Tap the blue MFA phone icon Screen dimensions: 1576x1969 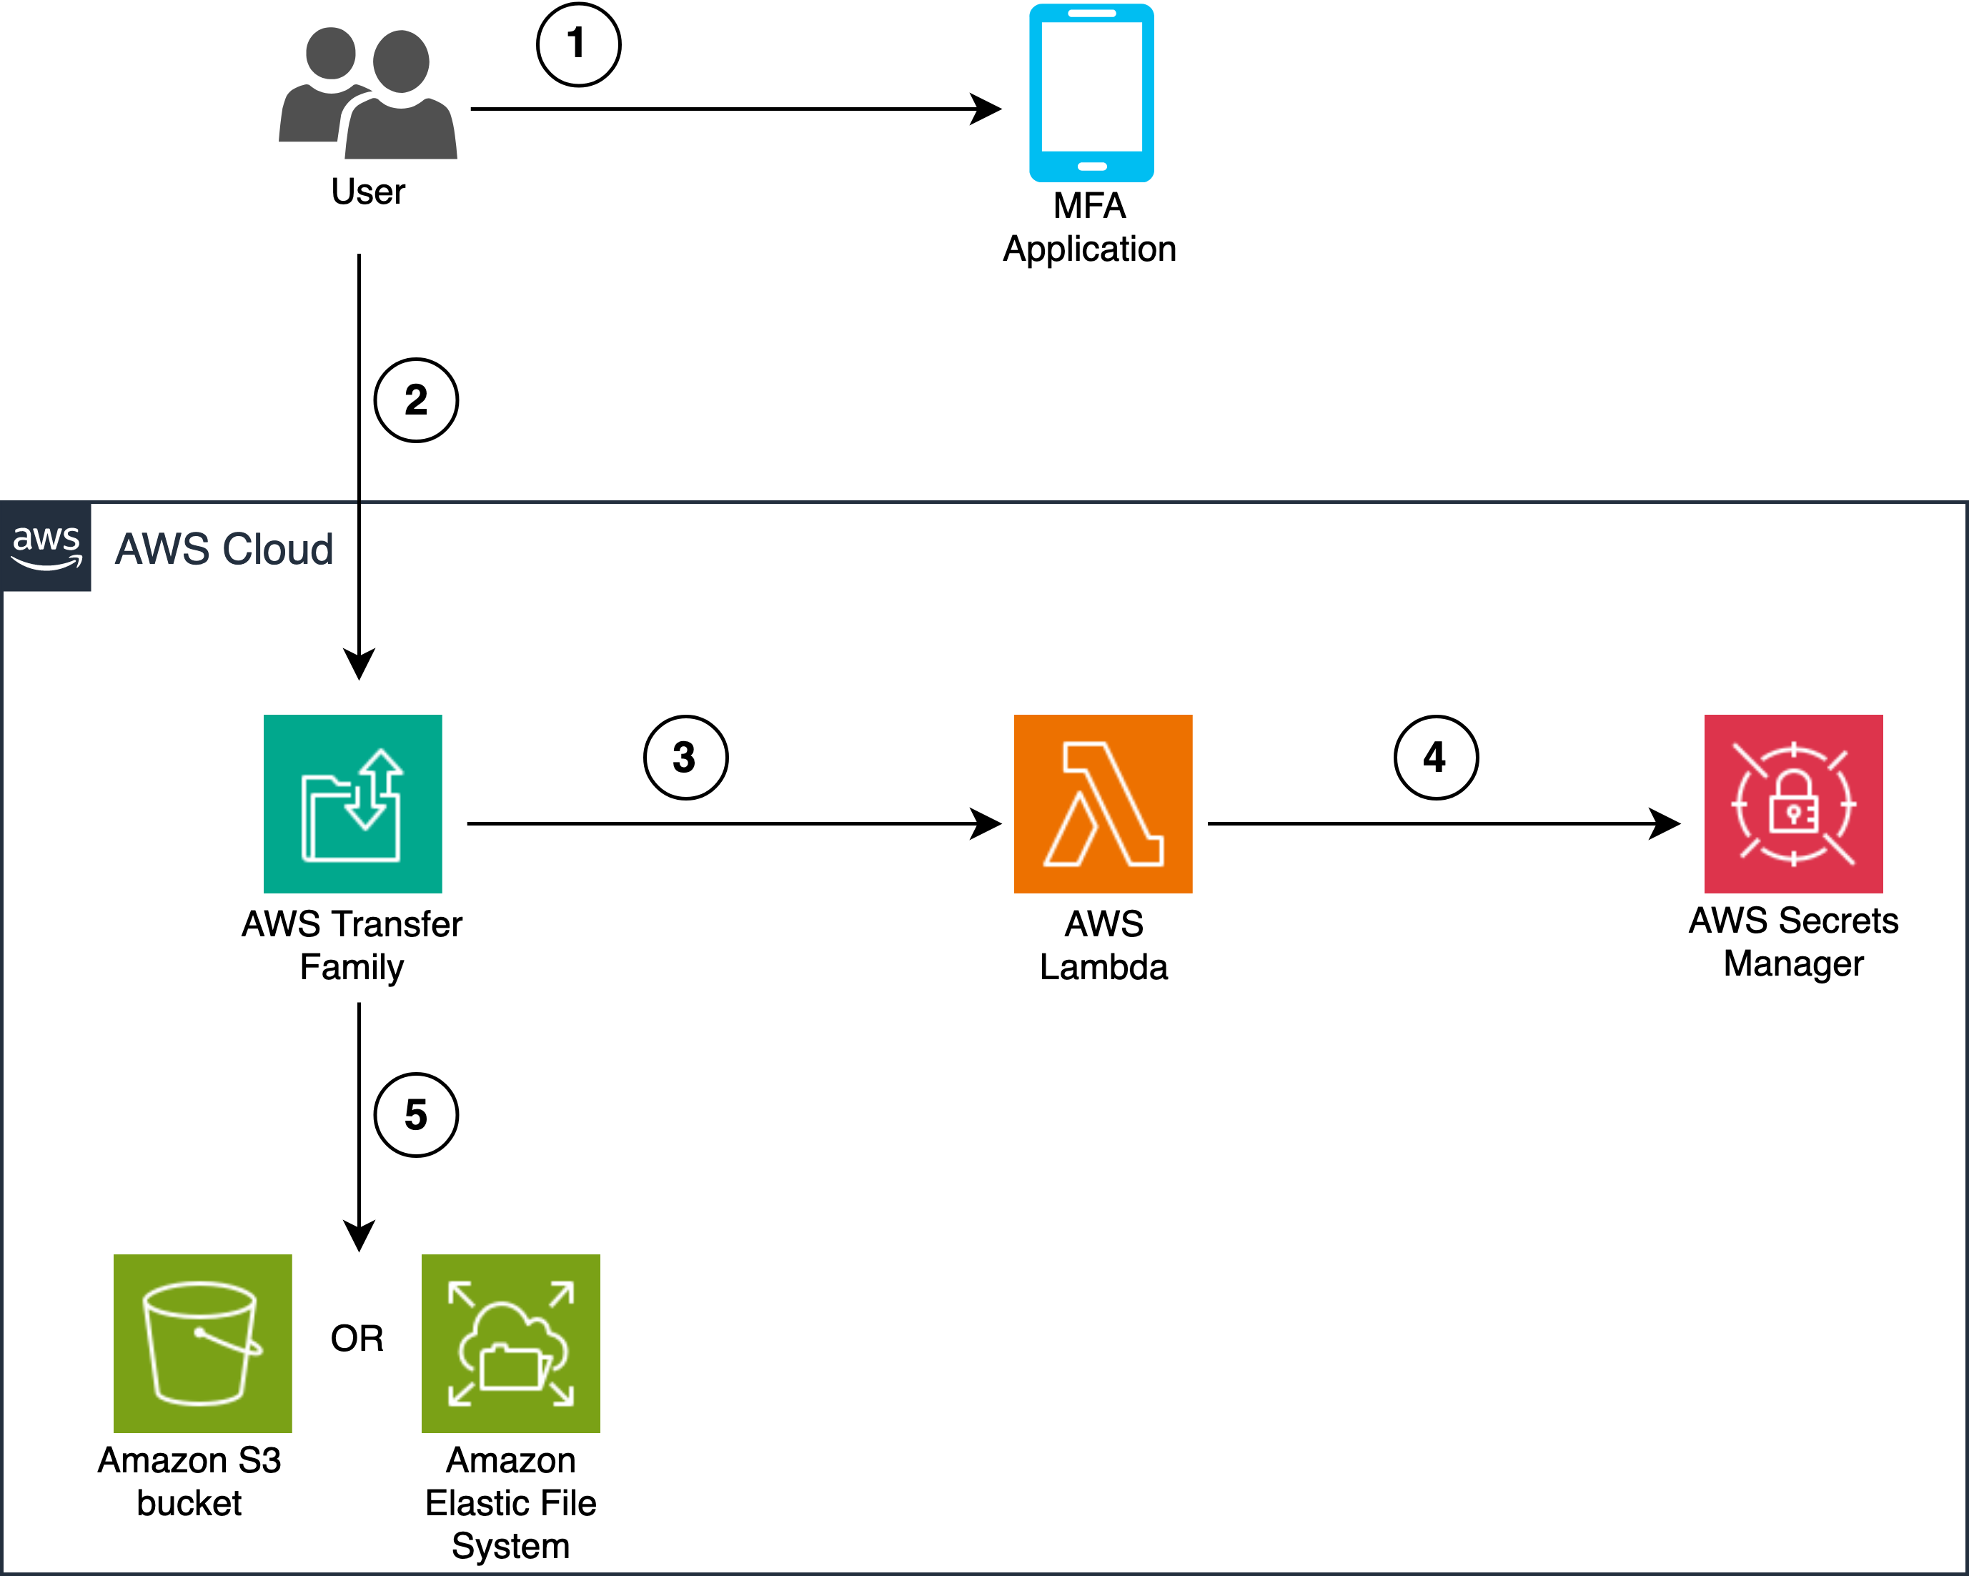pyautogui.click(x=1091, y=93)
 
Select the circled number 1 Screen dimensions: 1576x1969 pyautogui.click(x=578, y=44)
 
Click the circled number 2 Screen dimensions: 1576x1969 pyautogui.click(x=415, y=400)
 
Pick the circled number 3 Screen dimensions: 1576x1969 pyautogui.click(x=685, y=757)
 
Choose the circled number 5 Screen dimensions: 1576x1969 pyautogui.click(x=415, y=1114)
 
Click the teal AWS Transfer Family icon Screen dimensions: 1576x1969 pyautogui.click(x=352, y=803)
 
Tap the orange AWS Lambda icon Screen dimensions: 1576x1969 pyautogui.click(x=1102, y=803)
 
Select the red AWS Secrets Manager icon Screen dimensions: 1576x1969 pyautogui.click(x=1792, y=803)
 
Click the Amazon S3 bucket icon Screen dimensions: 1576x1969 pyautogui.click(x=202, y=1342)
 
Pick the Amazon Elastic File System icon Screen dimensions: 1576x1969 pyautogui.click(x=510, y=1342)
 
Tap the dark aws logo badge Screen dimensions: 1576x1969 pyautogui.click(x=46, y=546)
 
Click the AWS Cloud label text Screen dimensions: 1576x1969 pyautogui.click(x=224, y=549)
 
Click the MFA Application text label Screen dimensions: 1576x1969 pyautogui.click(x=1089, y=227)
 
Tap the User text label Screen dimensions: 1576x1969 pyautogui.click(x=367, y=192)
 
